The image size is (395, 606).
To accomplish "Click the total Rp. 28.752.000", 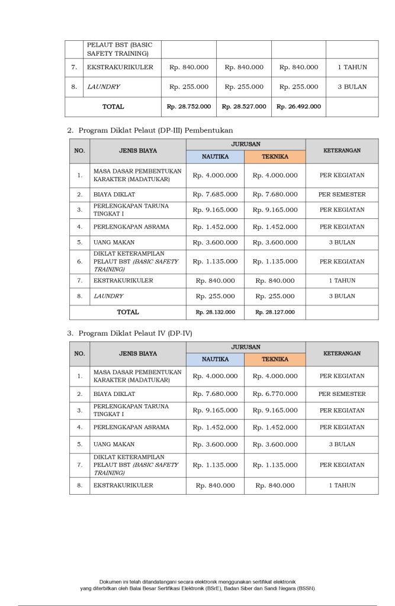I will click(x=189, y=107).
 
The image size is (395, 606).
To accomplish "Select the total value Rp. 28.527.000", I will click(x=243, y=107).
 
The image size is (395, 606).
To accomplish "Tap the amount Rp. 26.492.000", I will click(x=298, y=107).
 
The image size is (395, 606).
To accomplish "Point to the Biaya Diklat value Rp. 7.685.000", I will click(x=215, y=194).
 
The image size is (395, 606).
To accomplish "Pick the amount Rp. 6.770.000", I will click(x=275, y=394).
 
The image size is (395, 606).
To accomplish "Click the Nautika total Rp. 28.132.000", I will click(x=215, y=312).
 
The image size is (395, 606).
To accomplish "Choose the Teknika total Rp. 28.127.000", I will click(x=275, y=312).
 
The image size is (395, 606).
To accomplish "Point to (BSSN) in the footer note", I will click(x=306, y=589).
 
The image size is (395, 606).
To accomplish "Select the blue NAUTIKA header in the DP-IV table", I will click(x=215, y=359).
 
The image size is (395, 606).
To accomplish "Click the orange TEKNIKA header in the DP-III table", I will click(x=275, y=157).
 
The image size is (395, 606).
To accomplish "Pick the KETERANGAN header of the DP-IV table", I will click(x=342, y=353).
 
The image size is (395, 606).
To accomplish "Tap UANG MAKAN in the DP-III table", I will click(x=114, y=242).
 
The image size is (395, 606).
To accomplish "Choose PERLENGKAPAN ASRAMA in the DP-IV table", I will click(x=131, y=427).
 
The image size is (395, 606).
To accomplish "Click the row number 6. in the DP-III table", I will click(x=79, y=262).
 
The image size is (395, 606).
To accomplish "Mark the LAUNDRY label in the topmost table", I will click(x=104, y=86).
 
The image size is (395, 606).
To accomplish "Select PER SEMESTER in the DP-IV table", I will click(x=342, y=394).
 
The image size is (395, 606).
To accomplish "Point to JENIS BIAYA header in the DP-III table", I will click(x=137, y=151).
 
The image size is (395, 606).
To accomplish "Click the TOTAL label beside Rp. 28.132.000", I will click(x=128, y=312).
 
